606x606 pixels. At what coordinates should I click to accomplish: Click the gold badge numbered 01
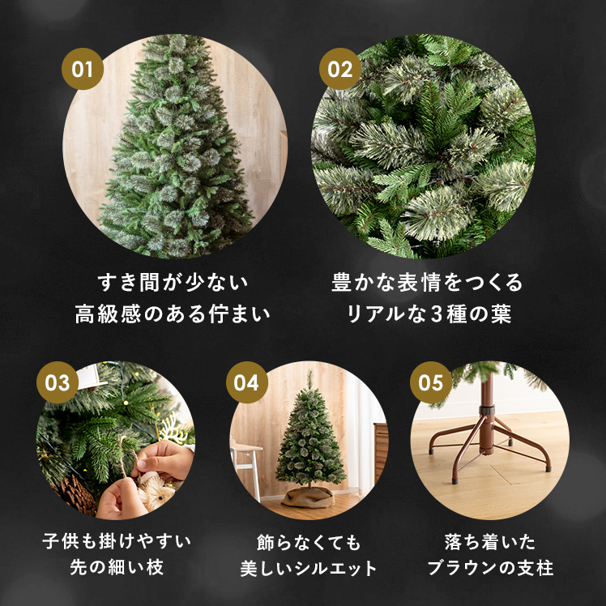[x=83, y=68]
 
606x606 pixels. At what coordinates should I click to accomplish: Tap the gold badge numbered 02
[x=341, y=68]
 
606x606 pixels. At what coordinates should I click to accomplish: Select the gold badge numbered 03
[x=58, y=382]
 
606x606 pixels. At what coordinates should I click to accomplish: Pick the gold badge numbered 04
[x=246, y=382]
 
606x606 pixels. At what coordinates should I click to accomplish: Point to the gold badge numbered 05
[x=431, y=382]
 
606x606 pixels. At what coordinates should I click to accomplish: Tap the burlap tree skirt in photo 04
[x=307, y=497]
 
